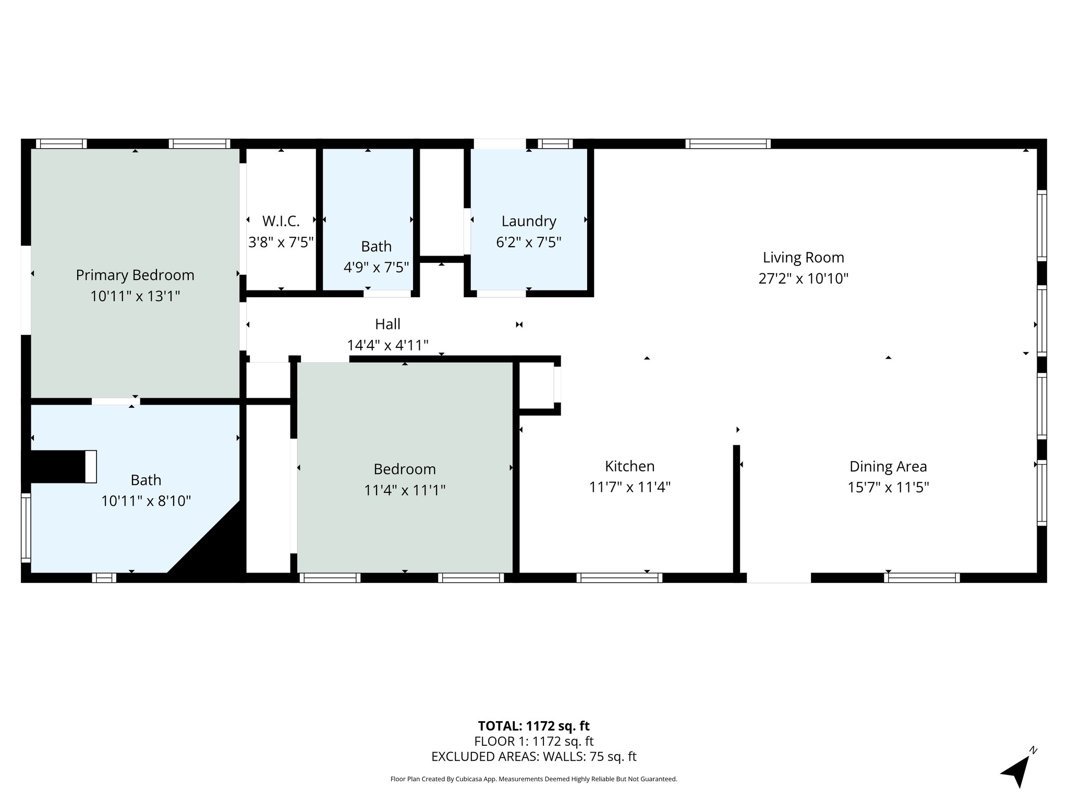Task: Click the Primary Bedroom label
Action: click(x=135, y=275)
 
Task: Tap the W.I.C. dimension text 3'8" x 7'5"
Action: click(x=281, y=242)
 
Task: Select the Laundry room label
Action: click(x=529, y=222)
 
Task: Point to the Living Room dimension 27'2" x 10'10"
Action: click(x=803, y=278)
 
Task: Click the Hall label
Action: click(x=387, y=324)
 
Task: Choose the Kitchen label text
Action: click(x=629, y=466)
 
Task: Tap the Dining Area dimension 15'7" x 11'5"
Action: click(x=888, y=487)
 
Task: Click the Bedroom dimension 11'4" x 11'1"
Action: click(x=405, y=490)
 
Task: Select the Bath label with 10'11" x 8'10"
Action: click(x=146, y=480)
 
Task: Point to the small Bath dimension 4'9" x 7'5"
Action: click(x=376, y=268)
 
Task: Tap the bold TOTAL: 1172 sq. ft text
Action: click(x=533, y=726)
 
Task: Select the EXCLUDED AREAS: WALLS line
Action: click(x=533, y=756)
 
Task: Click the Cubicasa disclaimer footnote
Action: click(x=533, y=779)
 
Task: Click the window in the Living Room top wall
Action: click(x=728, y=144)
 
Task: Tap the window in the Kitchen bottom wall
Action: click(x=619, y=578)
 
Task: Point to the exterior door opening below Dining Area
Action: click(x=779, y=578)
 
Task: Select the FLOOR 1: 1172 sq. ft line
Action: click(x=533, y=741)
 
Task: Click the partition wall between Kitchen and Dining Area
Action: click(x=736, y=509)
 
